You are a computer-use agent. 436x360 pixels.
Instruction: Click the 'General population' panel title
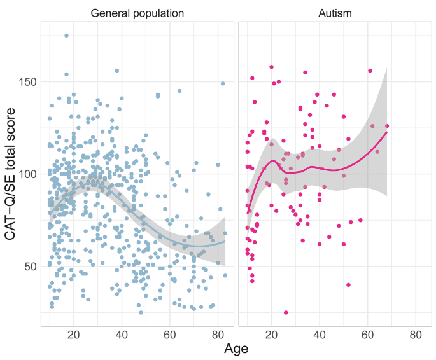pyautogui.click(x=137, y=13)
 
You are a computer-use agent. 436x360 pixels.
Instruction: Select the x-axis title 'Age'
pyautogui.click(x=236, y=349)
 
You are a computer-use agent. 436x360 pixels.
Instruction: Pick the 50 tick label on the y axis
pyautogui.click(x=29, y=266)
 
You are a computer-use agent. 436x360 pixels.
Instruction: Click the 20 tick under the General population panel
pyautogui.click(x=73, y=335)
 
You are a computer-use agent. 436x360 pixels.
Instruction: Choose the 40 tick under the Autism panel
pyautogui.click(x=320, y=335)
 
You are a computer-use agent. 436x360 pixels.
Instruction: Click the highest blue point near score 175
pyautogui.click(x=66, y=36)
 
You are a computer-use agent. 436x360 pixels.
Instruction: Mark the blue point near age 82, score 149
pyautogui.click(x=223, y=83)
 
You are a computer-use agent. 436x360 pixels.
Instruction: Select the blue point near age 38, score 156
pyautogui.click(x=116, y=71)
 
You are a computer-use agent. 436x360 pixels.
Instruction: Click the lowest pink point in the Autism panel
pyautogui.click(x=286, y=312)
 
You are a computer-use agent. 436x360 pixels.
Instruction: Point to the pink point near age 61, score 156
pyautogui.click(x=370, y=71)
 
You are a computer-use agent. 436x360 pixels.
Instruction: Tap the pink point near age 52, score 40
pyautogui.click(x=348, y=284)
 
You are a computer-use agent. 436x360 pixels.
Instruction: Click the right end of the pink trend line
pyautogui.click(x=387, y=132)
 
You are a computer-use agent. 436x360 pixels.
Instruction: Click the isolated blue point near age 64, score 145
pyautogui.click(x=179, y=91)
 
